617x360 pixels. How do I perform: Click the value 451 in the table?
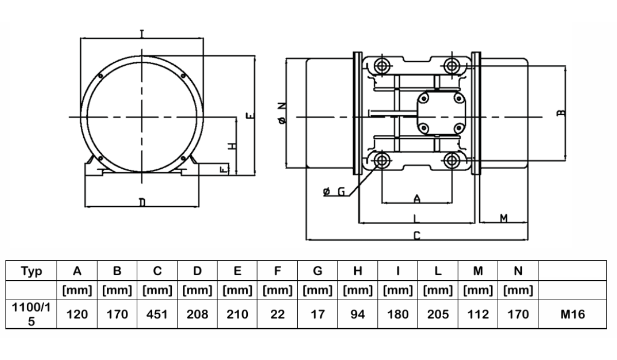coord(157,314)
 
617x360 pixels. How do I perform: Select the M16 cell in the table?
coord(572,314)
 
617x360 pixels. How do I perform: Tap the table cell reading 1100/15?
coord(31,314)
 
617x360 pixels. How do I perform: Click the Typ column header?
coord(31,272)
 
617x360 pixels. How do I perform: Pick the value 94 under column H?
coord(357,314)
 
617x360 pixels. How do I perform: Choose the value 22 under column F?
coord(277,314)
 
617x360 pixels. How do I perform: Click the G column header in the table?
coord(318,271)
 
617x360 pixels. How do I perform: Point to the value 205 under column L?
coord(438,314)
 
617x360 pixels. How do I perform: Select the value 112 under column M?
coord(478,314)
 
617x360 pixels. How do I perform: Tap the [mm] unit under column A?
coord(77,290)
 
